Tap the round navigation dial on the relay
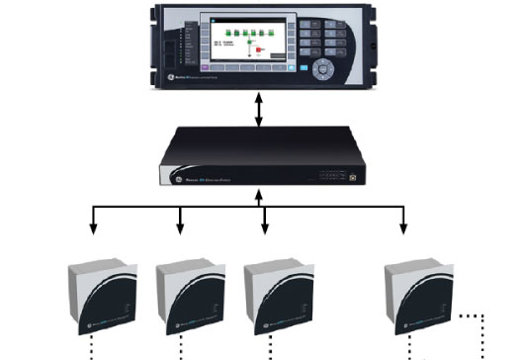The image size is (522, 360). pyautogui.click(x=323, y=70)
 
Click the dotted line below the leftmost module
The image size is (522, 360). pyautogui.click(x=94, y=348)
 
